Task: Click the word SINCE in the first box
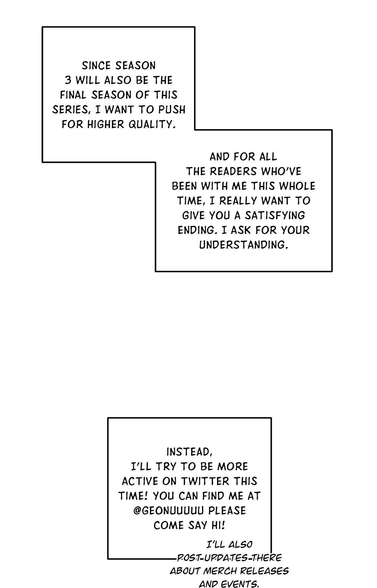pos(96,66)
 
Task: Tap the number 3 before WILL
pos(68,80)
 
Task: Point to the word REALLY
pos(238,201)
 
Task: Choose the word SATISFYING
pos(275,216)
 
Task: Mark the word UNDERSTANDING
pos(243,245)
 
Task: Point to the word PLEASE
pos(226,511)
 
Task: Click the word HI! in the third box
pos(218,525)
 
